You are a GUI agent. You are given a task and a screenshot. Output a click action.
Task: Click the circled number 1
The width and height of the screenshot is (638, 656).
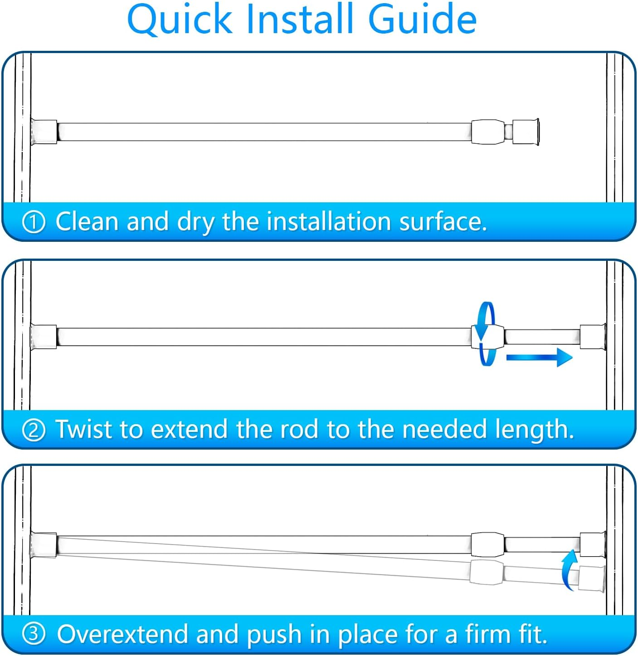[x=34, y=222]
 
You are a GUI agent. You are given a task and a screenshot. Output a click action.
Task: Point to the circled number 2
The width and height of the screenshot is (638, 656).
[x=34, y=430]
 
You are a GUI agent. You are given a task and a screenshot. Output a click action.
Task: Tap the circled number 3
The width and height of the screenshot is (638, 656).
[x=34, y=634]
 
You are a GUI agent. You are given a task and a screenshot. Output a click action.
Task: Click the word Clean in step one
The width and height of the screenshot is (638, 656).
[x=87, y=221]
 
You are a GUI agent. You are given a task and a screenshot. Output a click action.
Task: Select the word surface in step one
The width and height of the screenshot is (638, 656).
[x=443, y=221]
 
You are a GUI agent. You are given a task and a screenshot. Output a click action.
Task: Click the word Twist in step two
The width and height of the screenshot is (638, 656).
[x=84, y=429]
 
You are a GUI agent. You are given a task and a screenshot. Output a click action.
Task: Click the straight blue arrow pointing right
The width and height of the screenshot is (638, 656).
[x=539, y=357]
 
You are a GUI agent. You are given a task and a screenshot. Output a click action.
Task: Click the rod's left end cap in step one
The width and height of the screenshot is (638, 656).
[x=44, y=132]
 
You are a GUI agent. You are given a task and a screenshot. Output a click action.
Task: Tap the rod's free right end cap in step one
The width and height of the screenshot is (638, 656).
[x=526, y=132]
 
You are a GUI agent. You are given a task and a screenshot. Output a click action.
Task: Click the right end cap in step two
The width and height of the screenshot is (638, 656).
[x=593, y=337]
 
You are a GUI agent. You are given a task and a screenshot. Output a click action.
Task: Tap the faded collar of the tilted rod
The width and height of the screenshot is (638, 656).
[x=487, y=571]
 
